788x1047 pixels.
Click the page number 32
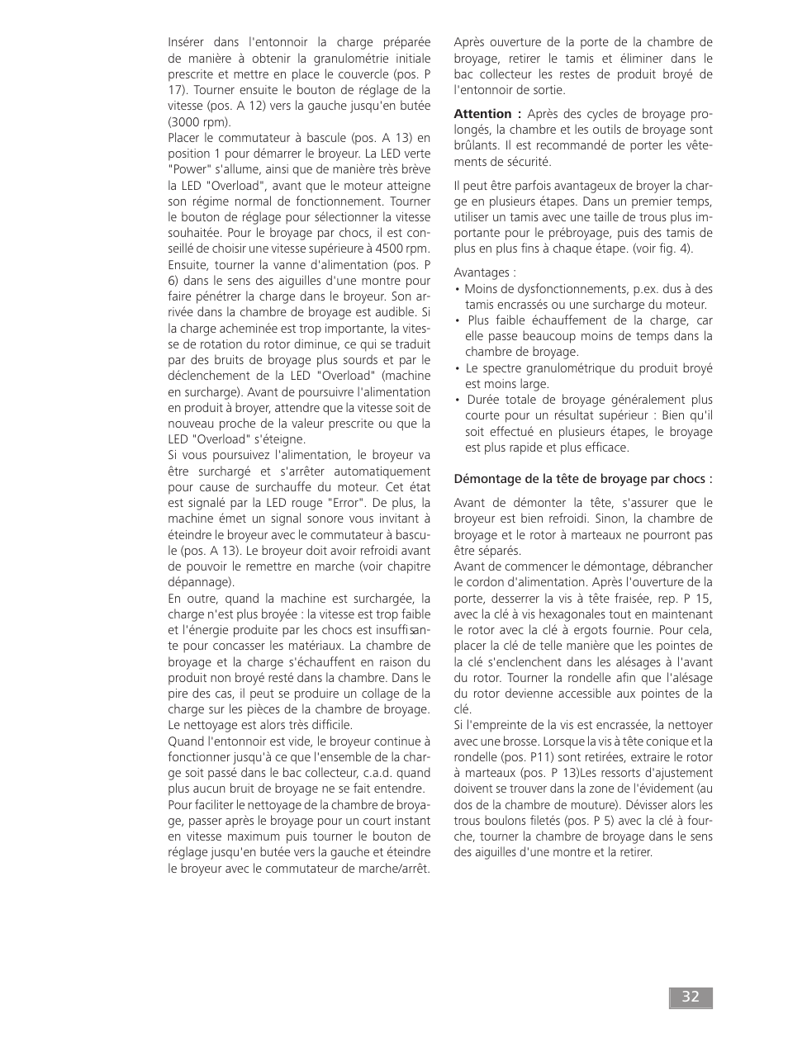pyautogui.click(x=691, y=997)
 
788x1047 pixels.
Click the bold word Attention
pyautogui.click(x=482, y=114)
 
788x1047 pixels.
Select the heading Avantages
pyautogui.click(x=484, y=272)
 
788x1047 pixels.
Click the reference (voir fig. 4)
pyautogui.click(x=662, y=249)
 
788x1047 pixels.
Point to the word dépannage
pyautogui.click(x=200, y=582)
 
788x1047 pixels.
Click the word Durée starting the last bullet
pyautogui.click(x=483, y=400)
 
